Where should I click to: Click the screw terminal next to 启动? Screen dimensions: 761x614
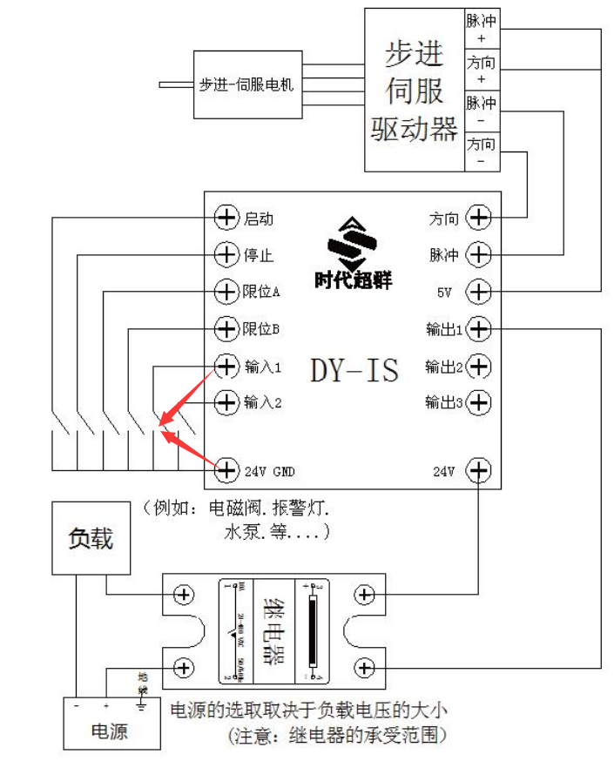(x=226, y=218)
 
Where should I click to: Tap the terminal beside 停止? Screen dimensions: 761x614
(x=226, y=255)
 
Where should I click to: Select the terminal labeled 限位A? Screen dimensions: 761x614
(x=226, y=291)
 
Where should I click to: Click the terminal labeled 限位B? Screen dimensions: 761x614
(x=226, y=329)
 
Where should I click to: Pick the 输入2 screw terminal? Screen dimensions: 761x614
(x=226, y=401)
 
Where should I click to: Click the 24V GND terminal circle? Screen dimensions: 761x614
(x=226, y=470)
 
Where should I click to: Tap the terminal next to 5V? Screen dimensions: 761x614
(x=479, y=291)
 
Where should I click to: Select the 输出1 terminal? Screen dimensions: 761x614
(x=479, y=329)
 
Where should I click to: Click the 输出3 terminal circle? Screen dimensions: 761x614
(x=479, y=401)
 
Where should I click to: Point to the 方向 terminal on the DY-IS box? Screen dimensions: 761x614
(x=479, y=218)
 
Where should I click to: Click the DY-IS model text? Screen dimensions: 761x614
(x=354, y=370)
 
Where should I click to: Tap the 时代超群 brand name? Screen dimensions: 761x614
(x=354, y=280)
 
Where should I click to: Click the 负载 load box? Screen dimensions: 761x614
(x=91, y=538)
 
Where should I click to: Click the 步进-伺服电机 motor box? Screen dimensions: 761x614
(x=247, y=84)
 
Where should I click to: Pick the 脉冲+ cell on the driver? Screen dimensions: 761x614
(x=482, y=29)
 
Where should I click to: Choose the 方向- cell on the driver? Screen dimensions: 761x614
(x=482, y=152)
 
